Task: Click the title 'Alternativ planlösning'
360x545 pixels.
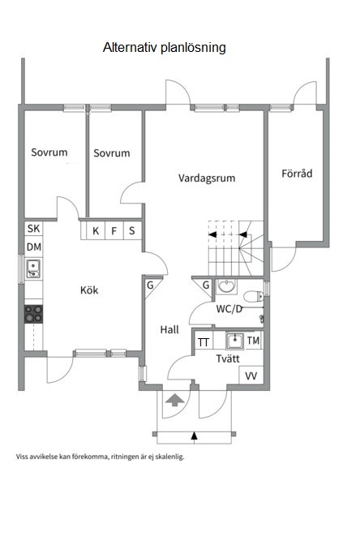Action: coord(164,48)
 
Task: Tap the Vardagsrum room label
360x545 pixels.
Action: coord(207,178)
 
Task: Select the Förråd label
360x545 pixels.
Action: coord(297,173)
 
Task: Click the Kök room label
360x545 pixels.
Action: coord(90,290)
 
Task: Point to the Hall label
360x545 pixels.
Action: coord(169,329)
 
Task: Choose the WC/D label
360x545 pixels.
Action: coord(229,309)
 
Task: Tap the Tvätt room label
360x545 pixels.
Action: coord(227,358)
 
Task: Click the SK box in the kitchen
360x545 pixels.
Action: coord(33,230)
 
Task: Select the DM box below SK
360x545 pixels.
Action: coord(33,247)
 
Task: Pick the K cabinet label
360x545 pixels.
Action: coord(96,231)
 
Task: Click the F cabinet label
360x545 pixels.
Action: coord(114,231)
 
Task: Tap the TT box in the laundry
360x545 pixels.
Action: coord(204,342)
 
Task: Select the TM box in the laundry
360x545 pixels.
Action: coord(253,341)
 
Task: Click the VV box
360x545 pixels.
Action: coord(251,375)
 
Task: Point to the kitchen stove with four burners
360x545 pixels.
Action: coord(33,313)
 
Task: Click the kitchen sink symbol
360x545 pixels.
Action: coord(33,267)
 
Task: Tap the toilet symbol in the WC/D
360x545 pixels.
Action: coord(255,295)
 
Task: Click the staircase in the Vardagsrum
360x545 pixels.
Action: coord(230,243)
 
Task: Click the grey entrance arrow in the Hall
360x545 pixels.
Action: coord(174,399)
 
